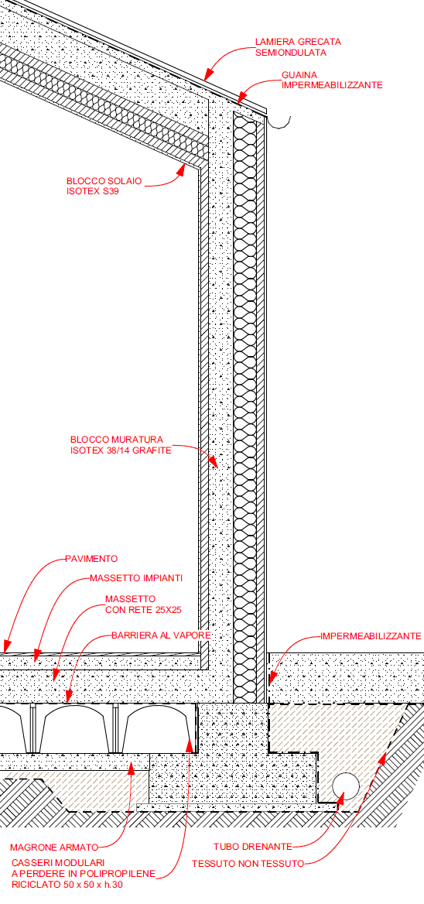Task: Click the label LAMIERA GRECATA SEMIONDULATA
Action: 298,47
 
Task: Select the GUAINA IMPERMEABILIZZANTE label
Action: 332,80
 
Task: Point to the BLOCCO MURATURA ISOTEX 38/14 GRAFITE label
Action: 121,444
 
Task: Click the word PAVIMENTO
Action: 91,559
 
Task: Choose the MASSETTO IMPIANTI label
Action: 136,577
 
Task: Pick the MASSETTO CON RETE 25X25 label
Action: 138,604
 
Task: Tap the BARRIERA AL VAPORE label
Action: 161,635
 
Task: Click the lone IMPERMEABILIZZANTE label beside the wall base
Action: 371,636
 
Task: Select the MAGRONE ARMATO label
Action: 54,847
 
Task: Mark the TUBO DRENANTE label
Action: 253,847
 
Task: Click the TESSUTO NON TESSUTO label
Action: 248,864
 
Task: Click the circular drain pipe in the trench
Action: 346,786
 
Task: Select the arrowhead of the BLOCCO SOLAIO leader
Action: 182,169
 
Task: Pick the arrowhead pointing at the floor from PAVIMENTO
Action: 6,647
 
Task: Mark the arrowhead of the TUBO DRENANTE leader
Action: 341,796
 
